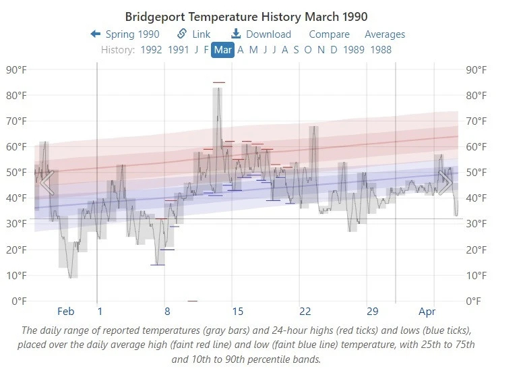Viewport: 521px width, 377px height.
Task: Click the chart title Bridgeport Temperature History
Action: (246, 16)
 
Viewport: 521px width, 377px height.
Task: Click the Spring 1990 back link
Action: (125, 34)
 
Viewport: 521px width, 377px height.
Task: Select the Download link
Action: (261, 34)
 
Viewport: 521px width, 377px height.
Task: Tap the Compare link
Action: (329, 34)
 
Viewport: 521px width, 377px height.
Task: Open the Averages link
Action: (385, 34)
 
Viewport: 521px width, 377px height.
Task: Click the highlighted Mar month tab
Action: (222, 50)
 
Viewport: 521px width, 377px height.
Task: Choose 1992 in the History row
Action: (151, 50)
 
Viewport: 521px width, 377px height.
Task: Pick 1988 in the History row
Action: (381, 50)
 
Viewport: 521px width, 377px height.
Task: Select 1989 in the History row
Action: (353, 50)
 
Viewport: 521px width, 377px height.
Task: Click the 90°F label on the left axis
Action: (16, 69)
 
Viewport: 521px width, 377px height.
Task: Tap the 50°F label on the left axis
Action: (16, 173)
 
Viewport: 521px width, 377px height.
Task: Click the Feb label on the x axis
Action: (66, 312)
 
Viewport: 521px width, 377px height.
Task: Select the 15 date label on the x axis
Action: (237, 312)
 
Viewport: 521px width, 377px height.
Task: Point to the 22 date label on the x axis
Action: (305, 312)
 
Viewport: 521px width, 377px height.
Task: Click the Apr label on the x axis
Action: (427, 312)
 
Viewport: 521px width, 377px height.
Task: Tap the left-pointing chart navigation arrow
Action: (47, 183)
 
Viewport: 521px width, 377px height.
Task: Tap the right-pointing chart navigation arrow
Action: (446, 183)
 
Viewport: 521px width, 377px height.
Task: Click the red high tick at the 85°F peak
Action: (219, 82)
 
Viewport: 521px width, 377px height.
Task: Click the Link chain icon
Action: (182, 34)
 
